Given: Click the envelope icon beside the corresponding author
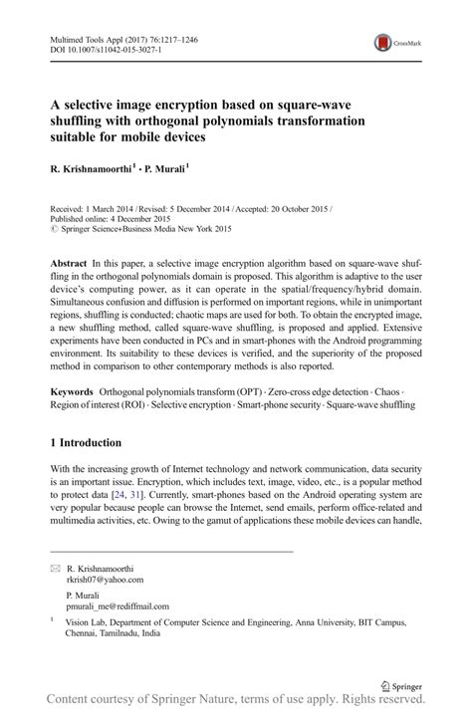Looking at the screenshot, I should [x=55, y=569].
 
